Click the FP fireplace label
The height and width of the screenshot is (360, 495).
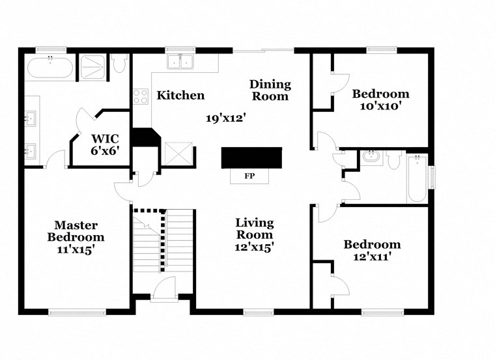point(249,176)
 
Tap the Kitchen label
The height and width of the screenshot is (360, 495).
point(180,96)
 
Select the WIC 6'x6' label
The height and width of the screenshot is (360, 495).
point(105,144)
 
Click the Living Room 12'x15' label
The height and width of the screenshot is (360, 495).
point(254,235)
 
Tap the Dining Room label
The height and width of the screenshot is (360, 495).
point(270,90)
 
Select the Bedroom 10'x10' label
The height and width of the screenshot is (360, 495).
point(380,99)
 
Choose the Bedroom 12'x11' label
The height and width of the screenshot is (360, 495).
point(372,251)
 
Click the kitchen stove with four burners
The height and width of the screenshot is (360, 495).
point(140,96)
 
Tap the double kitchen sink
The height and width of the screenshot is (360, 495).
point(180,62)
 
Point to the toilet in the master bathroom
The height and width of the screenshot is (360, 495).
point(119,65)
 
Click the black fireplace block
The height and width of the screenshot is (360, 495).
point(251,158)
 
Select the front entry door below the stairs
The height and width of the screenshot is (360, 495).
point(163,290)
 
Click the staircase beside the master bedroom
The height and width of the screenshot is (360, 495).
point(163,241)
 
